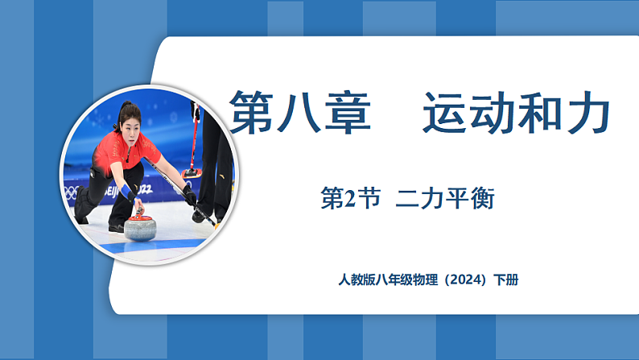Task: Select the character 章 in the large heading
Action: pyautogui.click(x=347, y=112)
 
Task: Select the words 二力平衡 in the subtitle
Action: pyautogui.click(x=445, y=199)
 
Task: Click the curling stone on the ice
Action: pyautogui.click(x=140, y=226)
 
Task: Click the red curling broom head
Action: pyautogui.click(x=192, y=172)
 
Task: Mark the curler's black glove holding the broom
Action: pyautogui.click(x=190, y=196)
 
